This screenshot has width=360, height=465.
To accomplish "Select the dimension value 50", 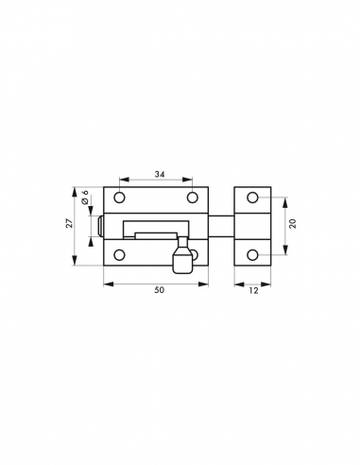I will [158, 291].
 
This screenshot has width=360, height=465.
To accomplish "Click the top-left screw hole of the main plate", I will [120, 198].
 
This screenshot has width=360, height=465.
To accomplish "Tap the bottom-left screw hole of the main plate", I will [120, 253].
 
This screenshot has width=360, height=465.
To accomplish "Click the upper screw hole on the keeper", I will [252, 198].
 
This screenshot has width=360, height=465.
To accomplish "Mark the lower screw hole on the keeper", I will [252, 253].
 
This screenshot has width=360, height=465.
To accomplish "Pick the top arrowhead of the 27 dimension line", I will [76, 189].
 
